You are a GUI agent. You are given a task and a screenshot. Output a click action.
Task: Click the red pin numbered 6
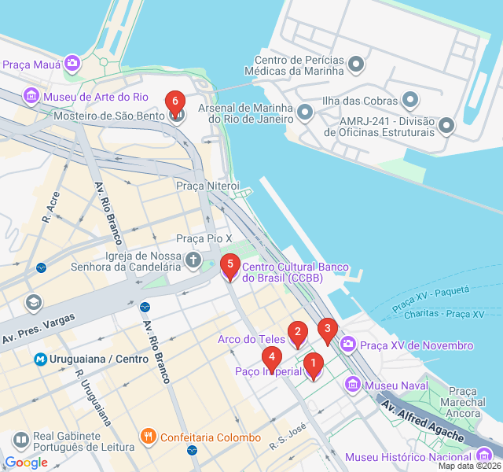tap(174, 101)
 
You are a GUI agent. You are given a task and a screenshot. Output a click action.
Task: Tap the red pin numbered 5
tap(229, 264)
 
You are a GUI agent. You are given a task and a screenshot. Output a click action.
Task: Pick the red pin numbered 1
tap(313, 364)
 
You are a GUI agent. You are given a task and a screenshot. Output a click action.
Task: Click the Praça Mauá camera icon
tap(72, 63)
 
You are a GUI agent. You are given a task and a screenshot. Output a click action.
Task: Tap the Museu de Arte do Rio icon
tap(31, 97)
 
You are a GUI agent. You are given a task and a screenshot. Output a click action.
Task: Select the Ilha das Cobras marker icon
tap(410, 100)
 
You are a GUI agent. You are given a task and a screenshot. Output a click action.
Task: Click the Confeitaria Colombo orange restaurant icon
tap(148, 436)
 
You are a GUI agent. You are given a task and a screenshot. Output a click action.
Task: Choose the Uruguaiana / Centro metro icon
tap(40, 359)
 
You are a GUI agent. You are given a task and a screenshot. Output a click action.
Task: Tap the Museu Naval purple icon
tap(353, 385)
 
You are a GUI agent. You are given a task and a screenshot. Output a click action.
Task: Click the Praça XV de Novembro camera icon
tap(347, 345)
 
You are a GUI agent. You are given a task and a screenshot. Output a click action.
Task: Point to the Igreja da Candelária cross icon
tap(193, 260)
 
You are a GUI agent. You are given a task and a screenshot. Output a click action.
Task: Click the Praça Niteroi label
tap(207, 186)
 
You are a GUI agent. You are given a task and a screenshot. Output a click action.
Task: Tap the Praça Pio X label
tap(204, 238)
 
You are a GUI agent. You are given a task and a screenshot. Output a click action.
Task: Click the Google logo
tap(26, 463)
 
